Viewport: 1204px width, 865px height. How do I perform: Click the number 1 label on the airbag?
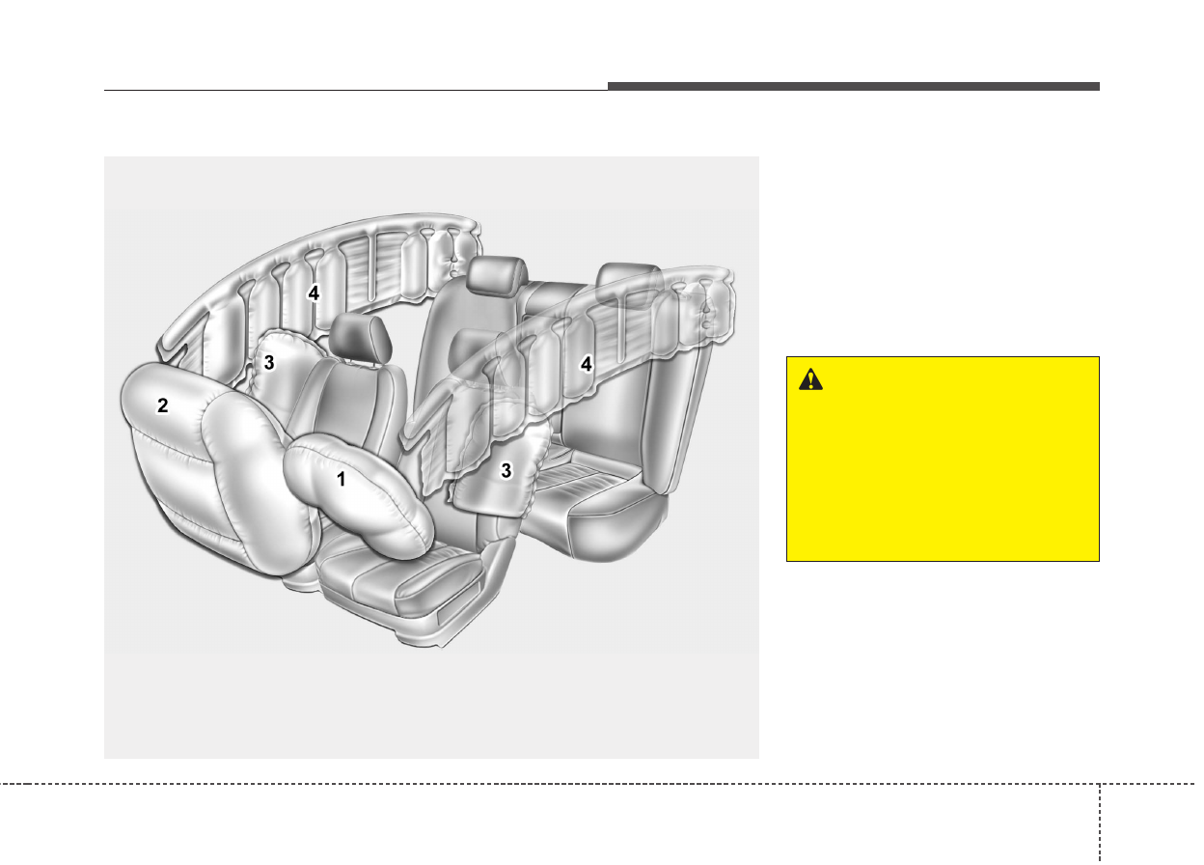341,479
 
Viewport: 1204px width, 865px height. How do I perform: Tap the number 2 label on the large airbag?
162,405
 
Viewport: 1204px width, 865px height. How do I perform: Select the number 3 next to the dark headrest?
269,363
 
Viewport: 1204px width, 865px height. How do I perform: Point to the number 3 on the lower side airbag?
506,471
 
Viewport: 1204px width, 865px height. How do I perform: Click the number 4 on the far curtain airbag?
314,293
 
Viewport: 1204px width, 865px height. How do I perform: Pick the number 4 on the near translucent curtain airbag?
586,364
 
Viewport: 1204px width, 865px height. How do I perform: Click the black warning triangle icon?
810,379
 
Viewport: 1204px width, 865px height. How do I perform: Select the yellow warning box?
943,459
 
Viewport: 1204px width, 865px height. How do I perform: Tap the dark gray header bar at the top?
854,87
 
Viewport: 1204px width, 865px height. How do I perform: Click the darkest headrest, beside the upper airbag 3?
360,341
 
